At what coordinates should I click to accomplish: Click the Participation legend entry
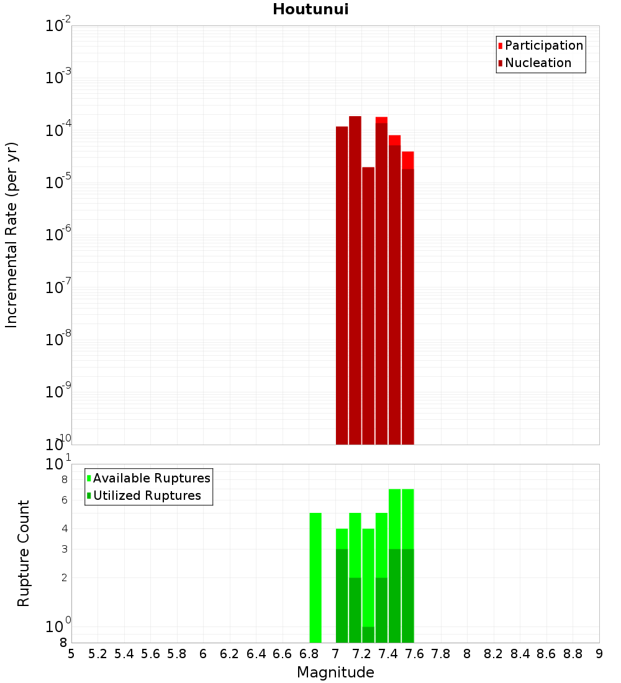544,46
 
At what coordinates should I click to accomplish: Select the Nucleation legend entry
538,63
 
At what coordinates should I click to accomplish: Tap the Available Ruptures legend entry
152,479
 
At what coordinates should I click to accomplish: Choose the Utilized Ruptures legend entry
147,496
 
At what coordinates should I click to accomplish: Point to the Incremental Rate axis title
12,235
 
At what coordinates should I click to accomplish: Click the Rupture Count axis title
24,553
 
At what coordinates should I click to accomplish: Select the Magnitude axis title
335,672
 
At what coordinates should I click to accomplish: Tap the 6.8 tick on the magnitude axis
309,654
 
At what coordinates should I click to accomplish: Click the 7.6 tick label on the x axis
415,654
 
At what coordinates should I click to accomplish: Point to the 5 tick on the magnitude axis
71,654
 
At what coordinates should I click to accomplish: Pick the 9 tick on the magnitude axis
599,654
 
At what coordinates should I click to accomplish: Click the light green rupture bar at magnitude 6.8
315,577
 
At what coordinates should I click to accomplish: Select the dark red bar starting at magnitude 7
342,286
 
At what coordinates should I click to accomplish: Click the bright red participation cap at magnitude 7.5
408,160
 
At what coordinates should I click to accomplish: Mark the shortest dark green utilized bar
368,635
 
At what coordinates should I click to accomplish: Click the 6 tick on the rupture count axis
64,500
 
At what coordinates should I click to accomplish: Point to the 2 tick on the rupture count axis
64,578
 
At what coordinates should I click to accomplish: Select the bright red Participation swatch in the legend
501,46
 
